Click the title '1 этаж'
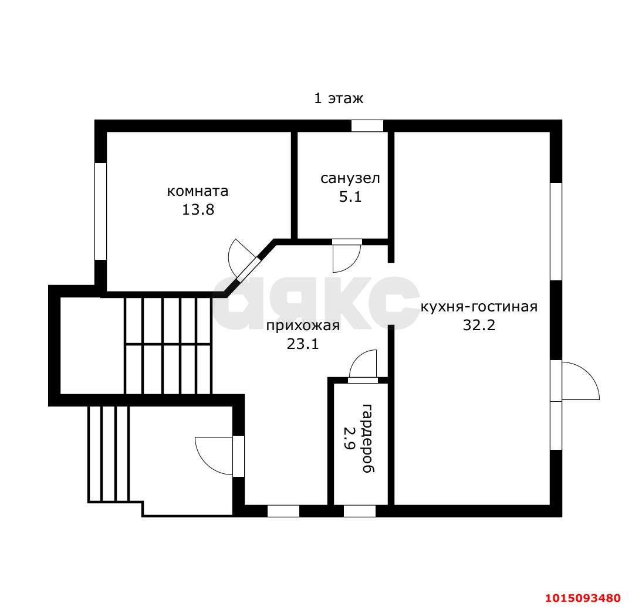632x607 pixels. click(339, 99)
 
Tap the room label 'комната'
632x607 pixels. click(198, 191)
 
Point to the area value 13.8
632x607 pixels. click(198, 209)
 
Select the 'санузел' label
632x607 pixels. click(350, 178)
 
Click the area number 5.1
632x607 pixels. click(350, 197)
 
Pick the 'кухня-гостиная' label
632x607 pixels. click(479, 307)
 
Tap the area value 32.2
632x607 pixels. click(479, 325)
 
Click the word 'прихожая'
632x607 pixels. click(303, 325)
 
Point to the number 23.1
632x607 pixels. click(303, 344)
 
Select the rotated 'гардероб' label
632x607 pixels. click(368, 438)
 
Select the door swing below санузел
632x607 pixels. click(347, 256)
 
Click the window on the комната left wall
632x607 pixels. click(100, 212)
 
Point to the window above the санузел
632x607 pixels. click(367, 126)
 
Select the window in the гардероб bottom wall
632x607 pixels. click(360, 511)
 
